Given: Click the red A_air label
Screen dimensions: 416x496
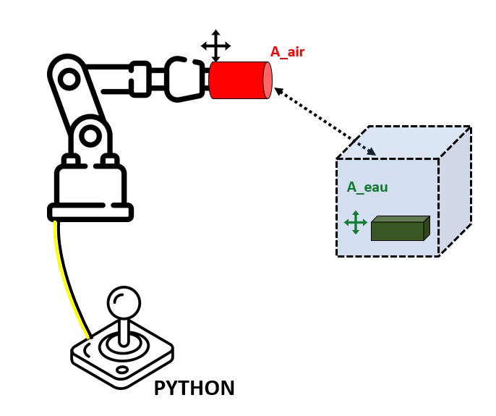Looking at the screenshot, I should coord(288,51).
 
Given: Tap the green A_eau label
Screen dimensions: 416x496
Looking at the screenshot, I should coord(367,187).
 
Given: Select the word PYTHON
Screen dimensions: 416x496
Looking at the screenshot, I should coord(194,389).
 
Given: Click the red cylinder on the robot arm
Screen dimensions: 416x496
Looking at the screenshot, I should coord(237,80).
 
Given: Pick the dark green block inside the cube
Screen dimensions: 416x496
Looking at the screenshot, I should coord(398,229).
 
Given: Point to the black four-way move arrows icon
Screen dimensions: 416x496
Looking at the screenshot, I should coord(215,46).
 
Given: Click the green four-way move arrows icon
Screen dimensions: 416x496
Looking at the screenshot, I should coord(356,222).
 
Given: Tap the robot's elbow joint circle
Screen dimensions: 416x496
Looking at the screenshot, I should coord(90,135).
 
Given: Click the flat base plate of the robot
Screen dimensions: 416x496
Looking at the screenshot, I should coord(90,212).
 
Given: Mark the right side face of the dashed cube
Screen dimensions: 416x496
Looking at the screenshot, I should coord(456,192).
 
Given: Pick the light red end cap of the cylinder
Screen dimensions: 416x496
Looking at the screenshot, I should coord(268,80).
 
